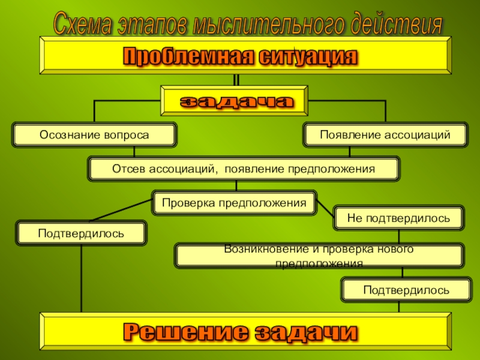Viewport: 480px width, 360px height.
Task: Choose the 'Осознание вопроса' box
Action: (95, 135)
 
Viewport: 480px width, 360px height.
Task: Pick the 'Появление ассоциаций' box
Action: (385, 135)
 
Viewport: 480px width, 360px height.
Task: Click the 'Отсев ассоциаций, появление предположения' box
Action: (243, 169)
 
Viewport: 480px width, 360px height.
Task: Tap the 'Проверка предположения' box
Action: (234, 203)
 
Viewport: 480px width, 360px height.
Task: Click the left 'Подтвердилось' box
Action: (82, 232)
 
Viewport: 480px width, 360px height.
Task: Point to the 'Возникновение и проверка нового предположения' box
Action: (319, 256)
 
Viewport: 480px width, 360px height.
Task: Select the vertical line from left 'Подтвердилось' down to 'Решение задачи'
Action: (82, 279)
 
